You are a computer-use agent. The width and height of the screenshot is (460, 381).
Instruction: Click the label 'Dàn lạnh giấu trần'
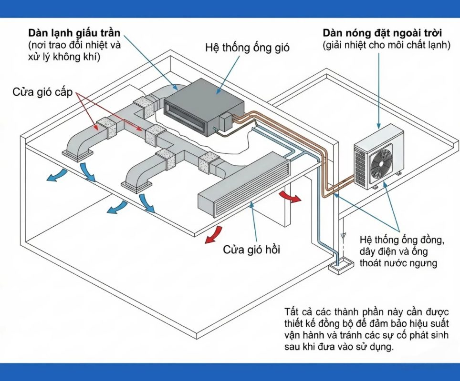click(73, 33)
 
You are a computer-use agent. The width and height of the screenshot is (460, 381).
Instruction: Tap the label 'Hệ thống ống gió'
click(247, 48)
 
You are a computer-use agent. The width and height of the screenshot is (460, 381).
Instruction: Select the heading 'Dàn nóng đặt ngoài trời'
click(382, 34)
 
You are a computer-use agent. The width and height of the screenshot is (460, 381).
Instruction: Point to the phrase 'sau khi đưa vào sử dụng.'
click(337, 347)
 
